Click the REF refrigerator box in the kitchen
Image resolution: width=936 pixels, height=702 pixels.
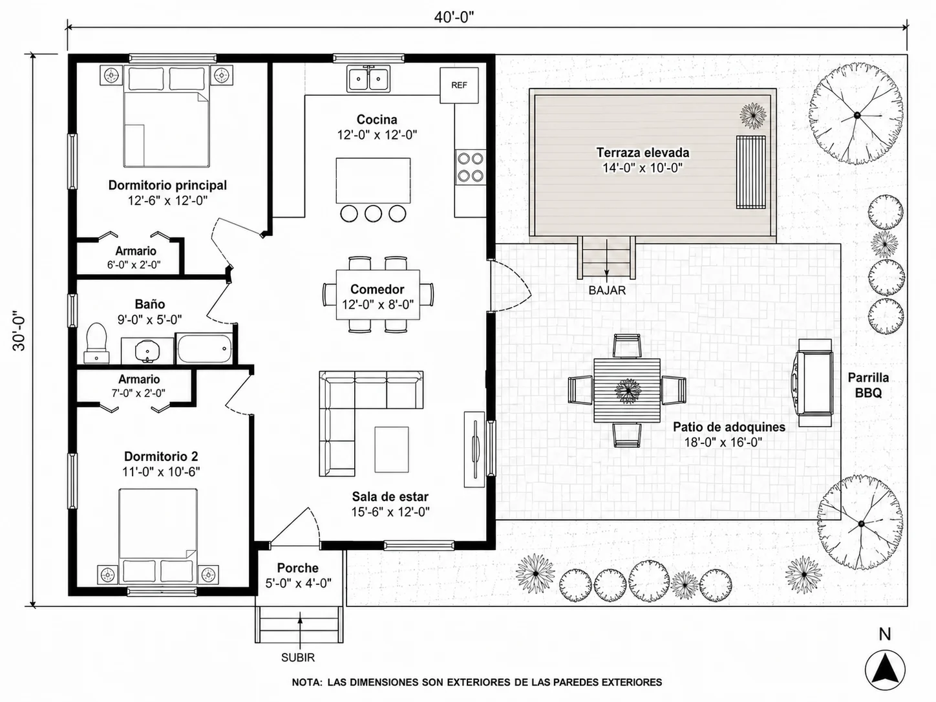click(x=459, y=85)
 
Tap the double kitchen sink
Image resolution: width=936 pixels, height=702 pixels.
click(x=368, y=79)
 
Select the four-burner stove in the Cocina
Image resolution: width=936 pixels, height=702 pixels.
click(x=471, y=167)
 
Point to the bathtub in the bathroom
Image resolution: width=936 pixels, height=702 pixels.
click(x=204, y=349)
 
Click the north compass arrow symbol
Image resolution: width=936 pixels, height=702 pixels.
click(x=885, y=670)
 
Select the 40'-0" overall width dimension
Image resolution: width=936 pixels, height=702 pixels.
click(x=454, y=17)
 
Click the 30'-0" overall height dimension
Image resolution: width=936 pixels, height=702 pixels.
click(x=19, y=330)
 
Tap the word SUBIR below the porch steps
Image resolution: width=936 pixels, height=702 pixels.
click(x=298, y=657)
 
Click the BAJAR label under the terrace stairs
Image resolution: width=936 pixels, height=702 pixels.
click(x=607, y=290)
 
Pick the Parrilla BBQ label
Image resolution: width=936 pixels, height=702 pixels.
click(x=868, y=385)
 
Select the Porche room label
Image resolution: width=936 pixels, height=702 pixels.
click(x=297, y=568)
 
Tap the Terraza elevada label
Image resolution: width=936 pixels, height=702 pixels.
click(x=643, y=152)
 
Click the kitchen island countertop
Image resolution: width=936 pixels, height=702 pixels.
click(x=373, y=181)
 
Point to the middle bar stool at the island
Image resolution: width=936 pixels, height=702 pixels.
click(x=373, y=213)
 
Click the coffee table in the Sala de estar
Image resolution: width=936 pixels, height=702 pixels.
click(x=392, y=450)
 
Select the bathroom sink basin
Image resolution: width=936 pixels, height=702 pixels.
click(x=147, y=351)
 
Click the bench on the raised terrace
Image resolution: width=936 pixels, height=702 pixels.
click(x=750, y=172)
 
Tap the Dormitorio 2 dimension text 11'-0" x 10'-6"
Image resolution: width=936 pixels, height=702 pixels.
click(x=161, y=472)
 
